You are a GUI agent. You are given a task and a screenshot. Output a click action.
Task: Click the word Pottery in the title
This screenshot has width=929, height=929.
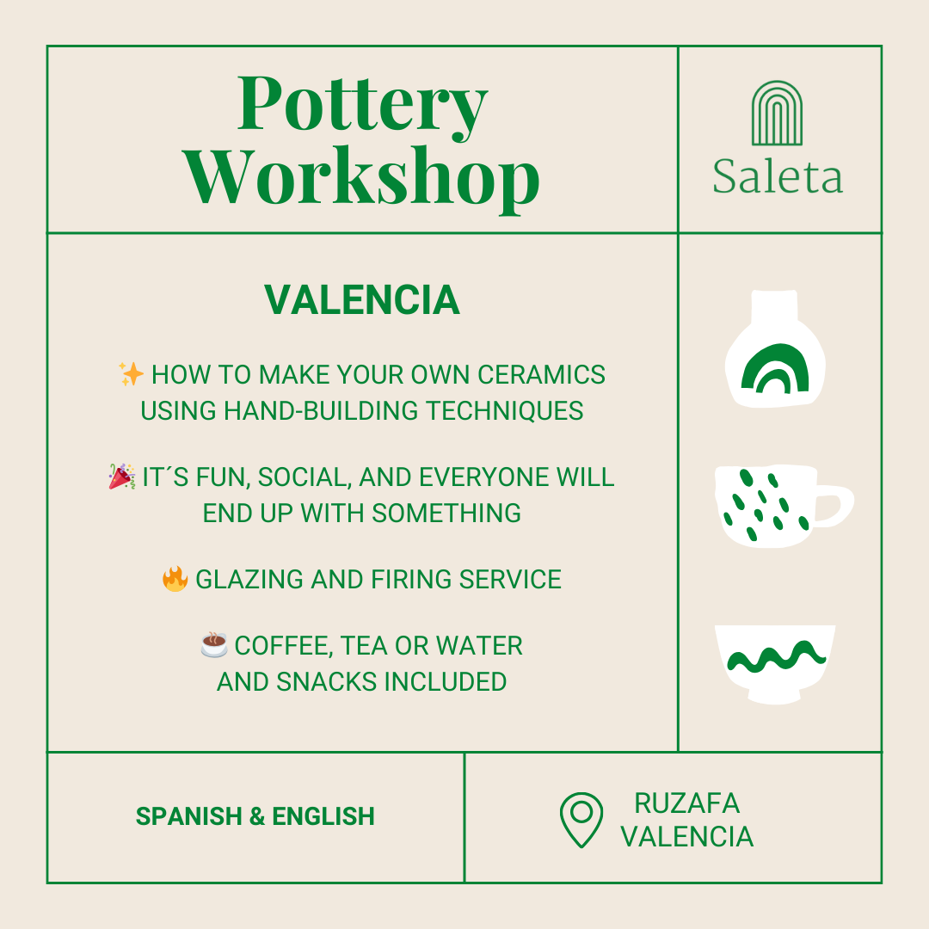[x=362, y=105]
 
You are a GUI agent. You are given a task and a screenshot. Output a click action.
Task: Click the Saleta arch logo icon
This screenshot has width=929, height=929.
[x=777, y=114]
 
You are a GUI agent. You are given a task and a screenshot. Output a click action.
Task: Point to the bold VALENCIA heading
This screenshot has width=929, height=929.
[x=362, y=300]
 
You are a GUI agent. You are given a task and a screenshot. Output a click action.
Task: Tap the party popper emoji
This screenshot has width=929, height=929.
[x=121, y=476]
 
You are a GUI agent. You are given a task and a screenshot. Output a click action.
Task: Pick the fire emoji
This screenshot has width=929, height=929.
[x=175, y=578]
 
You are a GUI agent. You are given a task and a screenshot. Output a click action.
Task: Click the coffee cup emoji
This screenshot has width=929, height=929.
[x=213, y=644]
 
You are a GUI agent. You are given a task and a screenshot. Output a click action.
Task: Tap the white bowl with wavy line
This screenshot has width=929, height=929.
[x=775, y=664]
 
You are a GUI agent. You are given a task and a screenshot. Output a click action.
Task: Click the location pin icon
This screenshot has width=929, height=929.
[x=581, y=819]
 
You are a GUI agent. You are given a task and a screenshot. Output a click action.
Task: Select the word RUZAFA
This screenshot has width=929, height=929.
[x=686, y=803]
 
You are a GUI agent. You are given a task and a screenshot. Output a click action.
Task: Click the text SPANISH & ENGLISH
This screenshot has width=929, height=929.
[x=255, y=816]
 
